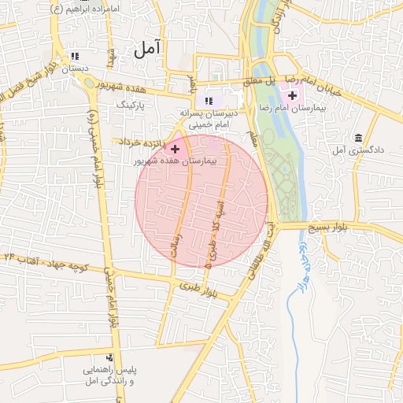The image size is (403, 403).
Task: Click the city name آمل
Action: pyautogui.click(x=146, y=49)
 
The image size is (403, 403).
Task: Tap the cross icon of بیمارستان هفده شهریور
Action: pyautogui.click(x=175, y=148)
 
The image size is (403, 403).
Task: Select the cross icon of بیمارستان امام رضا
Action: pyautogui.click(x=293, y=96)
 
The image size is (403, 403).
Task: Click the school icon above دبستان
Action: pyautogui.click(x=75, y=57)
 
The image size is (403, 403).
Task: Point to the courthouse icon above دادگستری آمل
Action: pyautogui.click(x=359, y=138)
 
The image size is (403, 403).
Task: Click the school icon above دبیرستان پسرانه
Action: pyautogui.click(x=209, y=101)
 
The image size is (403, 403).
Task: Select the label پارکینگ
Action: pyautogui.click(x=131, y=104)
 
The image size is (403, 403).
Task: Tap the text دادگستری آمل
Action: pyautogui.click(x=358, y=150)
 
